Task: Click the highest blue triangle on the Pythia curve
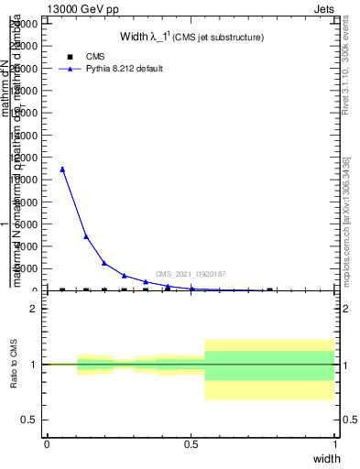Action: pyautogui.click(x=62, y=169)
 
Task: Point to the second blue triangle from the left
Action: pyautogui.click(x=86, y=236)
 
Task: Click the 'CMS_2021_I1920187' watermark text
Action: pyautogui.click(x=191, y=274)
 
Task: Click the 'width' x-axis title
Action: pyautogui.click(x=327, y=459)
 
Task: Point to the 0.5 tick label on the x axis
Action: pyautogui.click(x=191, y=444)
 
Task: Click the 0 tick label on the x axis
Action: pyautogui.click(x=47, y=444)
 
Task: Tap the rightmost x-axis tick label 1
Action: pyautogui.click(x=335, y=444)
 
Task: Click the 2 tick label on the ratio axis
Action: pyautogui.click(x=34, y=309)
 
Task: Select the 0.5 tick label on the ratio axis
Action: pyautogui.click(x=30, y=420)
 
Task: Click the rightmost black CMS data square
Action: pyautogui.click(x=269, y=290)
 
